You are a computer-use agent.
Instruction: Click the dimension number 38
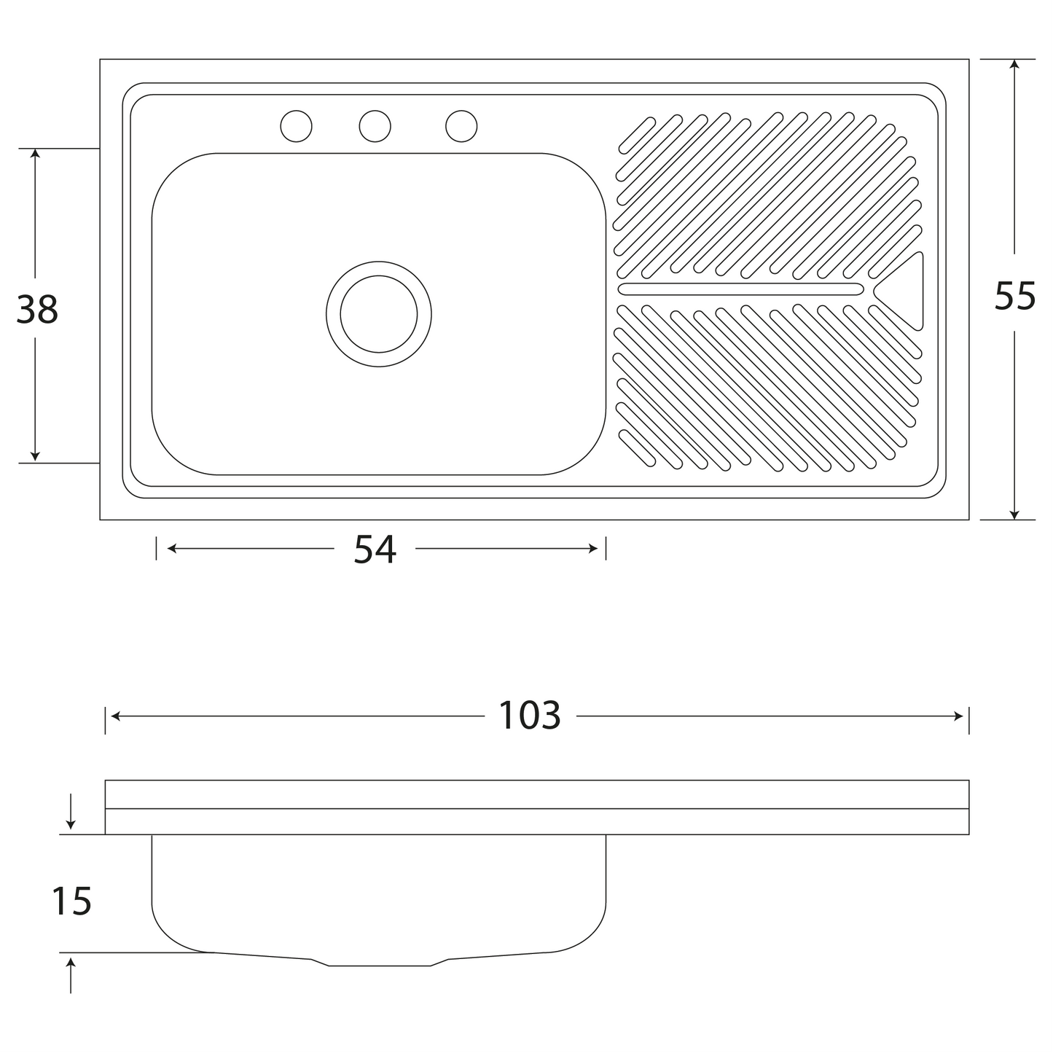[37, 309]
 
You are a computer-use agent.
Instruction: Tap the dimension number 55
[1015, 296]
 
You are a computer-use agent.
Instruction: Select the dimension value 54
[375, 549]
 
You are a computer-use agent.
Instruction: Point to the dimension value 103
[530, 716]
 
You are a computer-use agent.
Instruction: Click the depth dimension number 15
[71, 901]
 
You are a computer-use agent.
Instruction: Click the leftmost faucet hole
[296, 126]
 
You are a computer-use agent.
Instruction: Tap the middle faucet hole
[375, 126]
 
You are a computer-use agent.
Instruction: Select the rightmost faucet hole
[461, 126]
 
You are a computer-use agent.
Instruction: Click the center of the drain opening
[379, 313]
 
